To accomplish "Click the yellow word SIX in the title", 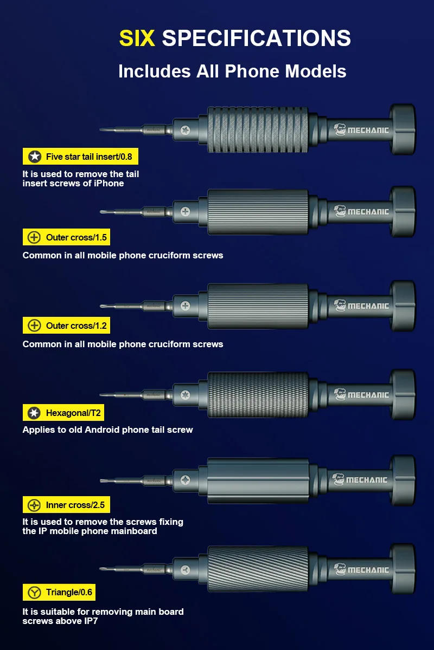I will coord(137,38).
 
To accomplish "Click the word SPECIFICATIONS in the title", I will coord(256,38).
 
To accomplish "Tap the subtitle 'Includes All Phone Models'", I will coord(232,71).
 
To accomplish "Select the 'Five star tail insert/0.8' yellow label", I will coord(81,157).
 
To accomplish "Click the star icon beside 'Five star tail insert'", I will coord(35,157).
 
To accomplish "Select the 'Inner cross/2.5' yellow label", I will coord(67,505).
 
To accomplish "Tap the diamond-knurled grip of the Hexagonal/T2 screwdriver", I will coord(258,394).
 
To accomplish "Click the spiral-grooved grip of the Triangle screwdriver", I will coord(258,569).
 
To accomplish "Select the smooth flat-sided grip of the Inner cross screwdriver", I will coord(258,480).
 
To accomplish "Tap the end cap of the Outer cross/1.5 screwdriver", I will coord(403,211).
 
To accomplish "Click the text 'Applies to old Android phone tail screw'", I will coord(107,430).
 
